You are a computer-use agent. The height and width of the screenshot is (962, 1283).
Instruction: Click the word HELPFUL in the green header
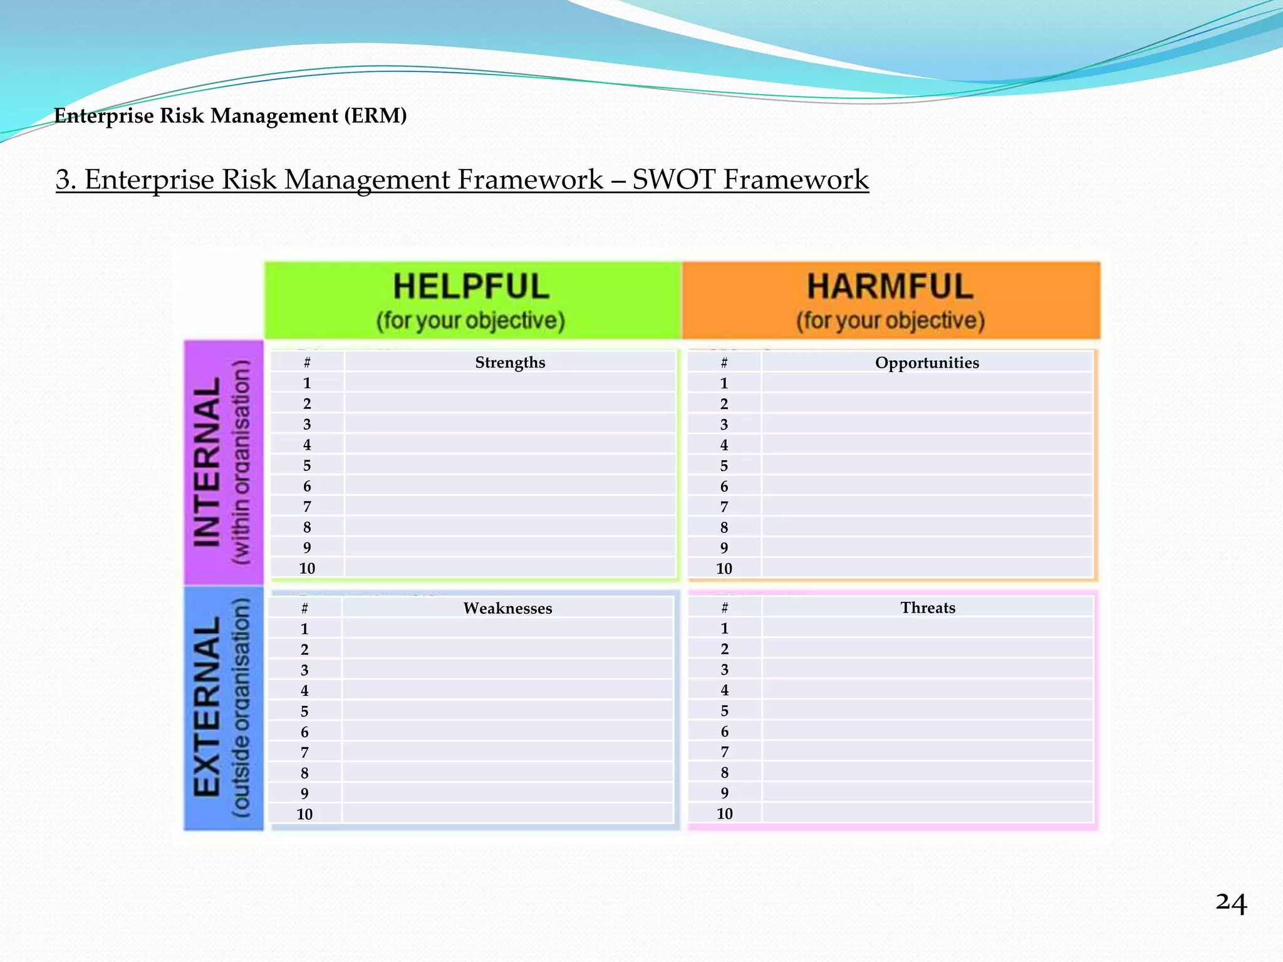point(471,287)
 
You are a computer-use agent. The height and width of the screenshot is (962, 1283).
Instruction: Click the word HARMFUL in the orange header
point(890,287)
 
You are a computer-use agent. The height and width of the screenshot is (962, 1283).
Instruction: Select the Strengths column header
point(510,363)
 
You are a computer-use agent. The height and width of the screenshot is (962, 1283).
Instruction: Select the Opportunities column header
point(927,363)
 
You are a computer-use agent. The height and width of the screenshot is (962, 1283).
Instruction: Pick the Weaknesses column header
point(507,608)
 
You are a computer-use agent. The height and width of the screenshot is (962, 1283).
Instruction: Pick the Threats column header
point(928,608)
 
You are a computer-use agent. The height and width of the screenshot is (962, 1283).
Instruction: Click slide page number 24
point(1231,903)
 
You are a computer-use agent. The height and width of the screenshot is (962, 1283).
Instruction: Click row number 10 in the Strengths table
point(307,569)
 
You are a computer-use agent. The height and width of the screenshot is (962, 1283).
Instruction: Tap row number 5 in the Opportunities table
point(724,466)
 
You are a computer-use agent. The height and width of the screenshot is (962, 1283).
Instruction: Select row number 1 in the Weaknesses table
point(304,629)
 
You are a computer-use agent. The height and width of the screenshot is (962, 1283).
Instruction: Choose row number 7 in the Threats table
point(725,752)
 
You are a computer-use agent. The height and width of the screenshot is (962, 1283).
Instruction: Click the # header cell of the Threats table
point(725,608)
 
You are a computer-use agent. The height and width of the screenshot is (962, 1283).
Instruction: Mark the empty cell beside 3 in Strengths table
point(510,425)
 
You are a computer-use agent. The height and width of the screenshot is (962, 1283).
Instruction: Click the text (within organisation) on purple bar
point(242,462)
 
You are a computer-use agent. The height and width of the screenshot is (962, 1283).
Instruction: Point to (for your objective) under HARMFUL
point(890,321)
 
